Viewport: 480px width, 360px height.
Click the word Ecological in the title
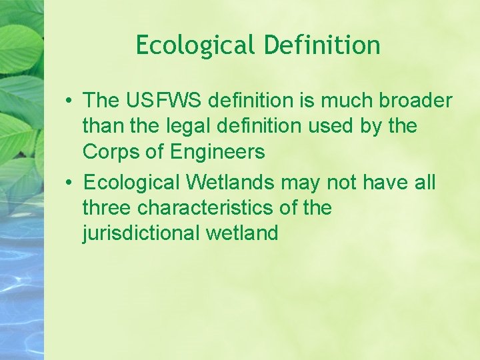[x=195, y=46]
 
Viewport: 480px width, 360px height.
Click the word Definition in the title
[x=322, y=46]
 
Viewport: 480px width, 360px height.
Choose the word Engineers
[x=218, y=152]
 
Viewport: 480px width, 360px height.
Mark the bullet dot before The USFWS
[x=69, y=101]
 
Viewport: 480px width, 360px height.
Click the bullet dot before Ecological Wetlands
[x=69, y=182]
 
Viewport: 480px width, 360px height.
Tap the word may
[x=299, y=182]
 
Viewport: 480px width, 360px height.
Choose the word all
[x=422, y=181]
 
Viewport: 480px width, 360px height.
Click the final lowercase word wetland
[x=243, y=233]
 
